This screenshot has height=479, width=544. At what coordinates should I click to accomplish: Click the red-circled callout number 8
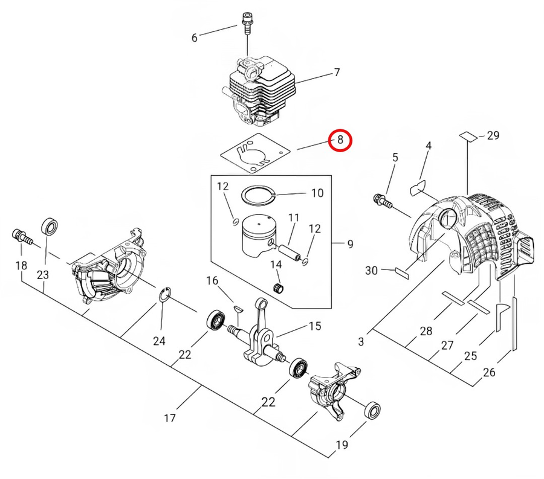coord(340,140)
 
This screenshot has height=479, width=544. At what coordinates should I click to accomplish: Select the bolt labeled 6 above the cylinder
coord(247,22)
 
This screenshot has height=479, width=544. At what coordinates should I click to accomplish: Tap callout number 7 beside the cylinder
coord(337,72)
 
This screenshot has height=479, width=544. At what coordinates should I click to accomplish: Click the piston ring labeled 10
coord(259,196)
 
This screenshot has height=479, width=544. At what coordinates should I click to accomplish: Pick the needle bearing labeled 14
coord(277,288)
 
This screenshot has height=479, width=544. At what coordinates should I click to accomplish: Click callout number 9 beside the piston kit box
coord(350,244)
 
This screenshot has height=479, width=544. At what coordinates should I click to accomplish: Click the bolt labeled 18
coord(22,237)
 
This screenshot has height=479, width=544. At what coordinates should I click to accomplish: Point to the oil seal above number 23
coord(50,227)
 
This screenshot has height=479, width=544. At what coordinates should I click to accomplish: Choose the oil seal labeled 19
coord(372,411)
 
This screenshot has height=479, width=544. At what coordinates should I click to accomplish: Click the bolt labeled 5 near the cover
coord(383,201)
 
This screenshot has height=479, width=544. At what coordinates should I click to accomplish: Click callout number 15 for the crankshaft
coord(315,326)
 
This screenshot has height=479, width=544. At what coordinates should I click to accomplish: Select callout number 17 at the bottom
coord(170,419)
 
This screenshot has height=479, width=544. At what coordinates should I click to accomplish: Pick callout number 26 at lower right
coord(489,372)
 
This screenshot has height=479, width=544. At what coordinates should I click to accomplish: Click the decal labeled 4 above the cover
coord(418,187)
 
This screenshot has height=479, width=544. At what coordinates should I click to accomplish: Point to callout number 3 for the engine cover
coord(361,341)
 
